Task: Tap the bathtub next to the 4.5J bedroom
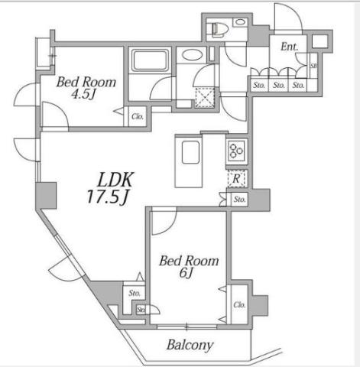click(x=150, y=60)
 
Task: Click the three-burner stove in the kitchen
click(x=237, y=151)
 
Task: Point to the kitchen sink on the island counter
click(x=190, y=152)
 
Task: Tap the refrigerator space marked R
click(x=236, y=178)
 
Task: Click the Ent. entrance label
click(x=290, y=47)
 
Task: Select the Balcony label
click(x=190, y=345)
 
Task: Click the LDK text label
click(x=115, y=180)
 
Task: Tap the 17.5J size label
click(x=107, y=196)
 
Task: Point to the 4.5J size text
click(x=83, y=94)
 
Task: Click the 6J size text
click(x=186, y=273)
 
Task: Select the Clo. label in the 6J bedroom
click(x=239, y=304)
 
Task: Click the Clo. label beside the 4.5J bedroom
click(x=138, y=116)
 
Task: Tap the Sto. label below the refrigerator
click(x=239, y=199)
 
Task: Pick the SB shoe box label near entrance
click(x=313, y=66)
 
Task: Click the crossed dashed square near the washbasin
click(x=205, y=98)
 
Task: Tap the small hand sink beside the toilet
click(x=240, y=22)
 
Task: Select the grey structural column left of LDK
click(x=46, y=196)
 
